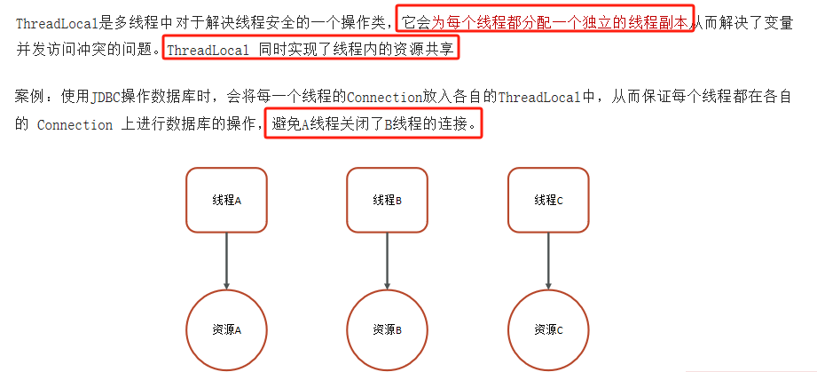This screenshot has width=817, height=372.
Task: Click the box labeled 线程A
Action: [x=227, y=200]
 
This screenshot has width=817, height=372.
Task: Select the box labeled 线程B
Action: [x=388, y=200]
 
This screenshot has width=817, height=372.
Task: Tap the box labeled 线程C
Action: [x=548, y=200]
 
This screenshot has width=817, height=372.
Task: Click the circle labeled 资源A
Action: [x=227, y=328]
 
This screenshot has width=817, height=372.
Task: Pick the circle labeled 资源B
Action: [x=388, y=328]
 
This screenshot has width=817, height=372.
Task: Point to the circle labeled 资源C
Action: [x=548, y=328]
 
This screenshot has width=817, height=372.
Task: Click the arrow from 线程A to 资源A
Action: [x=227, y=259]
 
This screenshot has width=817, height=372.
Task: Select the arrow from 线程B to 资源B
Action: [x=388, y=259]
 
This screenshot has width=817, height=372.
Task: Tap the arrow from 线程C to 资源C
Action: [x=548, y=259]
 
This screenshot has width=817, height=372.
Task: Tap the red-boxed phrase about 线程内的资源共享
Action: [x=310, y=50]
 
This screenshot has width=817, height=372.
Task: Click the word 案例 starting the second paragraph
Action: [x=29, y=96]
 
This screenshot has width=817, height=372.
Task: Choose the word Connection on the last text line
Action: [x=75, y=125]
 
